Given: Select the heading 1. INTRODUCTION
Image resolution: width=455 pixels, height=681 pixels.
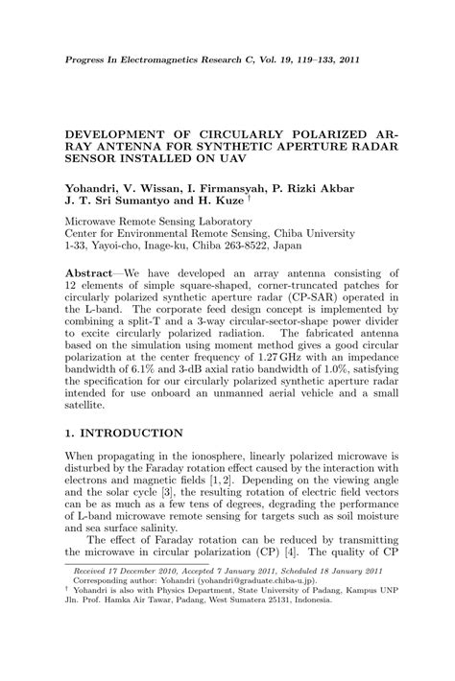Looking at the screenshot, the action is pos(123,434).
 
